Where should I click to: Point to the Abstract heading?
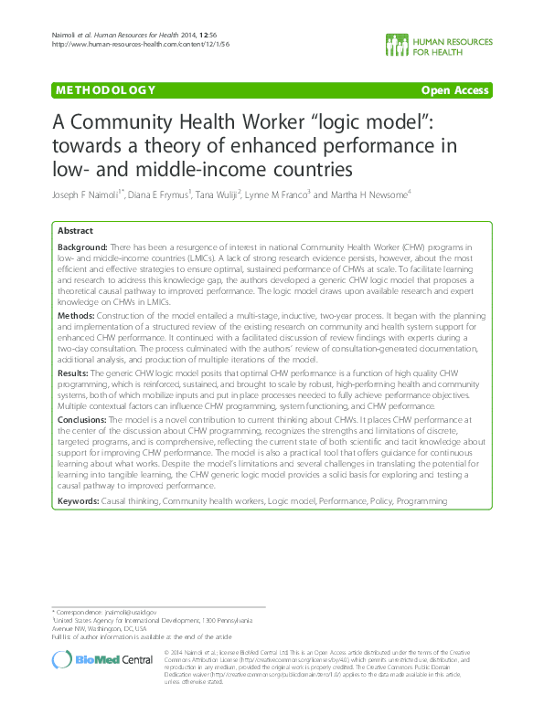point(75,232)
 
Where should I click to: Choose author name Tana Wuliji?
point(216,194)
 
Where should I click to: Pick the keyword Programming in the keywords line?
point(422,501)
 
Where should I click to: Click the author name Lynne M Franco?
point(277,194)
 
